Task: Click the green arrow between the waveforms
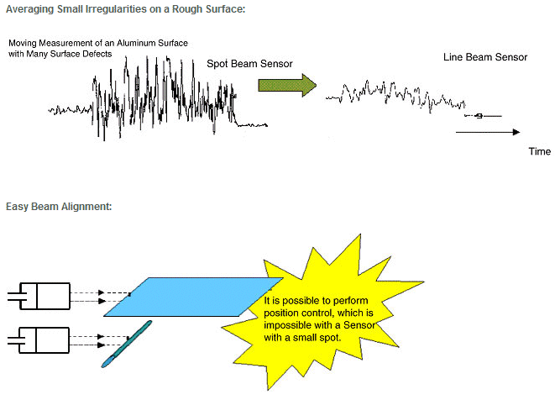click(287, 86)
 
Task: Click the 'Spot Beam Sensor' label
click(249, 64)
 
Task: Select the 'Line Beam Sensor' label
click(485, 57)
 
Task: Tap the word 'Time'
click(539, 151)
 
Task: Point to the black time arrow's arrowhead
click(516, 132)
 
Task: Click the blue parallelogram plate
click(193, 297)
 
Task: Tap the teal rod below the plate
click(127, 344)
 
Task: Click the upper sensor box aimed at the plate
click(45, 296)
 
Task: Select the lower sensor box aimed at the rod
click(44, 340)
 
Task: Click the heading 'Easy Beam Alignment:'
click(59, 206)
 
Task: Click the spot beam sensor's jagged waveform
click(158, 98)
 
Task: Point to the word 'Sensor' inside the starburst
click(359, 325)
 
